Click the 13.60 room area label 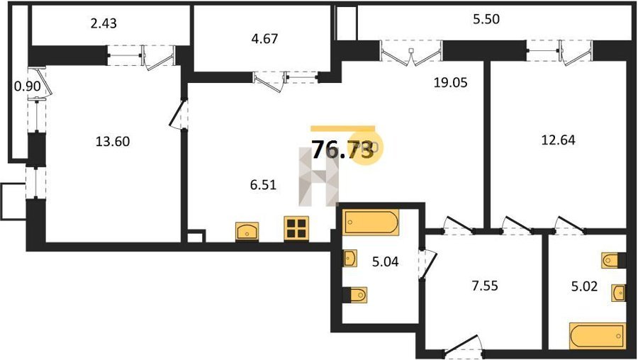(113, 142)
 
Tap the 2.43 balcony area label (103, 23)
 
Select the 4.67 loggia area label (265, 39)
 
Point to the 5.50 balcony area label (486, 19)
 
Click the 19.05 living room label (451, 83)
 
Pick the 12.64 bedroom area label (559, 140)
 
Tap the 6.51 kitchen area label (263, 185)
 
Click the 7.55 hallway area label (485, 286)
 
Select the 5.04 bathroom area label (386, 261)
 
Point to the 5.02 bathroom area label (584, 286)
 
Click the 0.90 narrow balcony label (27, 86)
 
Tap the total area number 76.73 (342, 150)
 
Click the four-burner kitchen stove (296, 227)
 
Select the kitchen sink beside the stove (247, 232)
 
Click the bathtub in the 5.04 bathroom (370, 222)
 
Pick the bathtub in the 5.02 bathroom (598, 336)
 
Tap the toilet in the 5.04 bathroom (356, 295)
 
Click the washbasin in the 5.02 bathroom (618, 293)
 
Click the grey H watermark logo (318, 177)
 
